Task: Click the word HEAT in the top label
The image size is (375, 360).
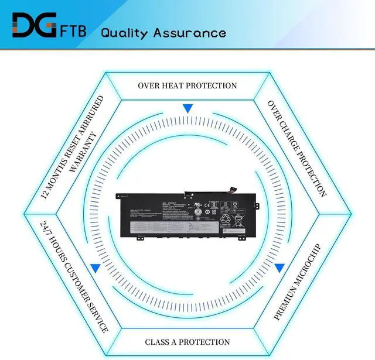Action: point(179,85)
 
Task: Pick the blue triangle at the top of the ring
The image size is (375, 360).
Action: point(187,108)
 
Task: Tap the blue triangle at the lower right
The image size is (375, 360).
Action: point(280,268)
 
